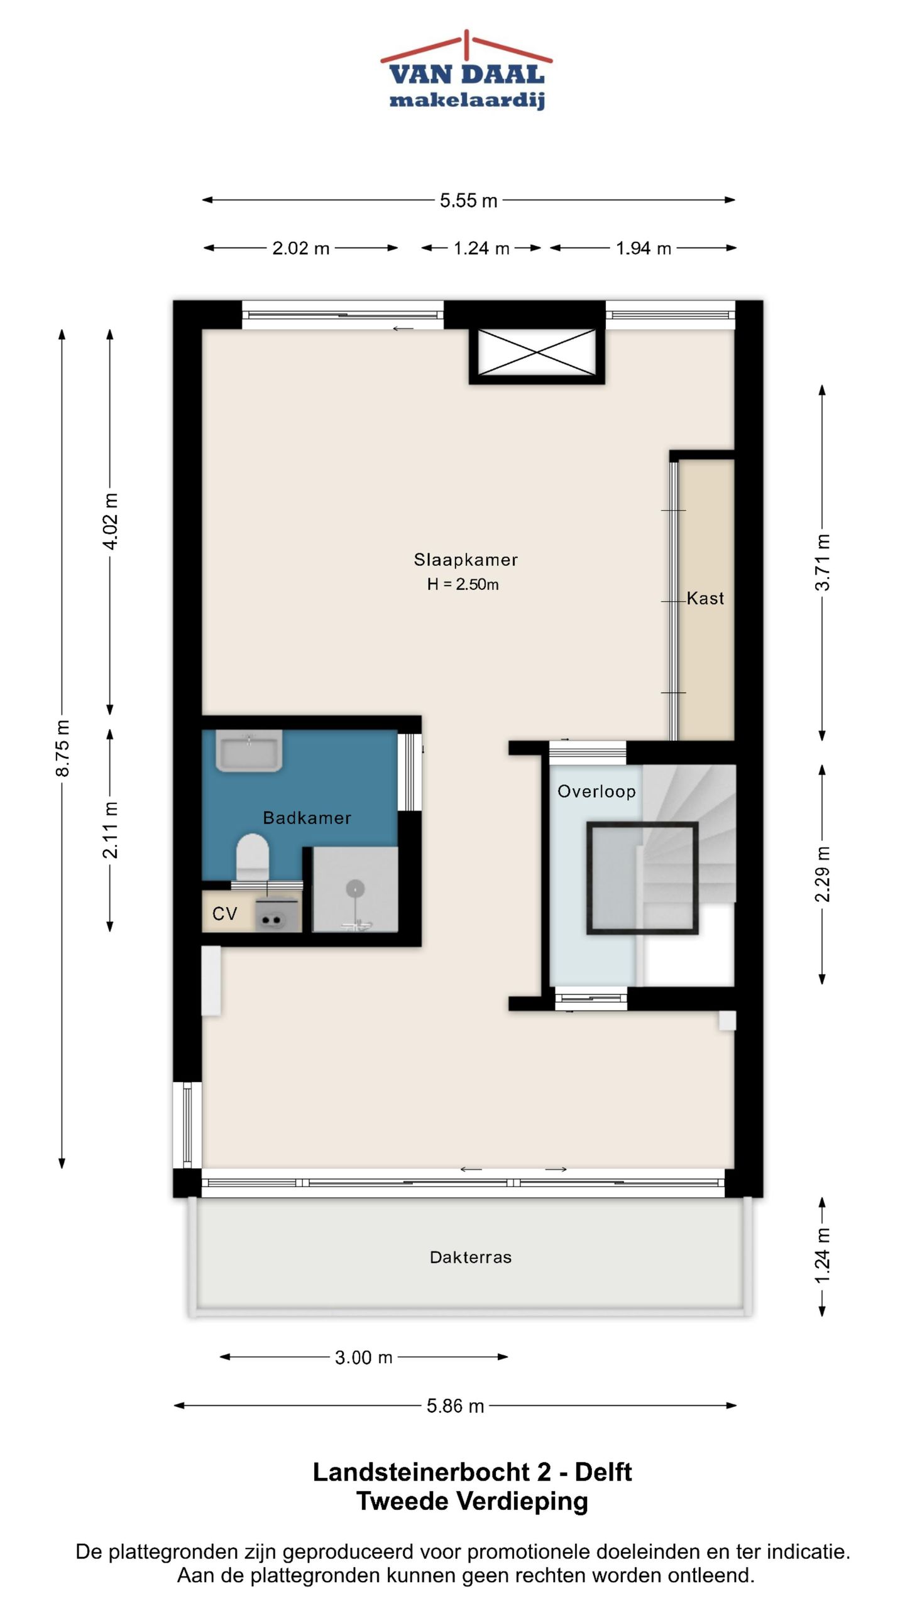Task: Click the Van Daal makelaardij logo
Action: [x=466, y=70]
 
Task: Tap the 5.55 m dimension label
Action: [x=468, y=200]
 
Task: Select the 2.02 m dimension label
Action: [x=300, y=248]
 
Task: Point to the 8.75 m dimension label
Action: [x=62, y=748]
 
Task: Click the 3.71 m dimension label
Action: [x=822, y=562]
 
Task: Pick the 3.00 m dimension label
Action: [x=363, y=1357]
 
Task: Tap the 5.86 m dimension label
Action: [x=455, y=1406]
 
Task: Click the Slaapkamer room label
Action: [x=466, y=560]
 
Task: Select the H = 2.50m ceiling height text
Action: [x=463, y=584]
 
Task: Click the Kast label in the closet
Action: [x=705, y=598]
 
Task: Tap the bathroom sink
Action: [x=249, y=750]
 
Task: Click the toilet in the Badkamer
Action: [x=253, y=856]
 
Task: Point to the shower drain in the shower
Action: [x=356, y=888]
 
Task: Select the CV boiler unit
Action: [x=277, y=915]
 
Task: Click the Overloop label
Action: [x=596, y=791]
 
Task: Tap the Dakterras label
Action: [x=471, y=1258]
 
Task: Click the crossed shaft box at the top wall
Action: [x=537, y=353]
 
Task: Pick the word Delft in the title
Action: [x=603, y=1472]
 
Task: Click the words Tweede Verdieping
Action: [x=472, y=1502]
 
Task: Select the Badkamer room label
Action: [x=307, y=818]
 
